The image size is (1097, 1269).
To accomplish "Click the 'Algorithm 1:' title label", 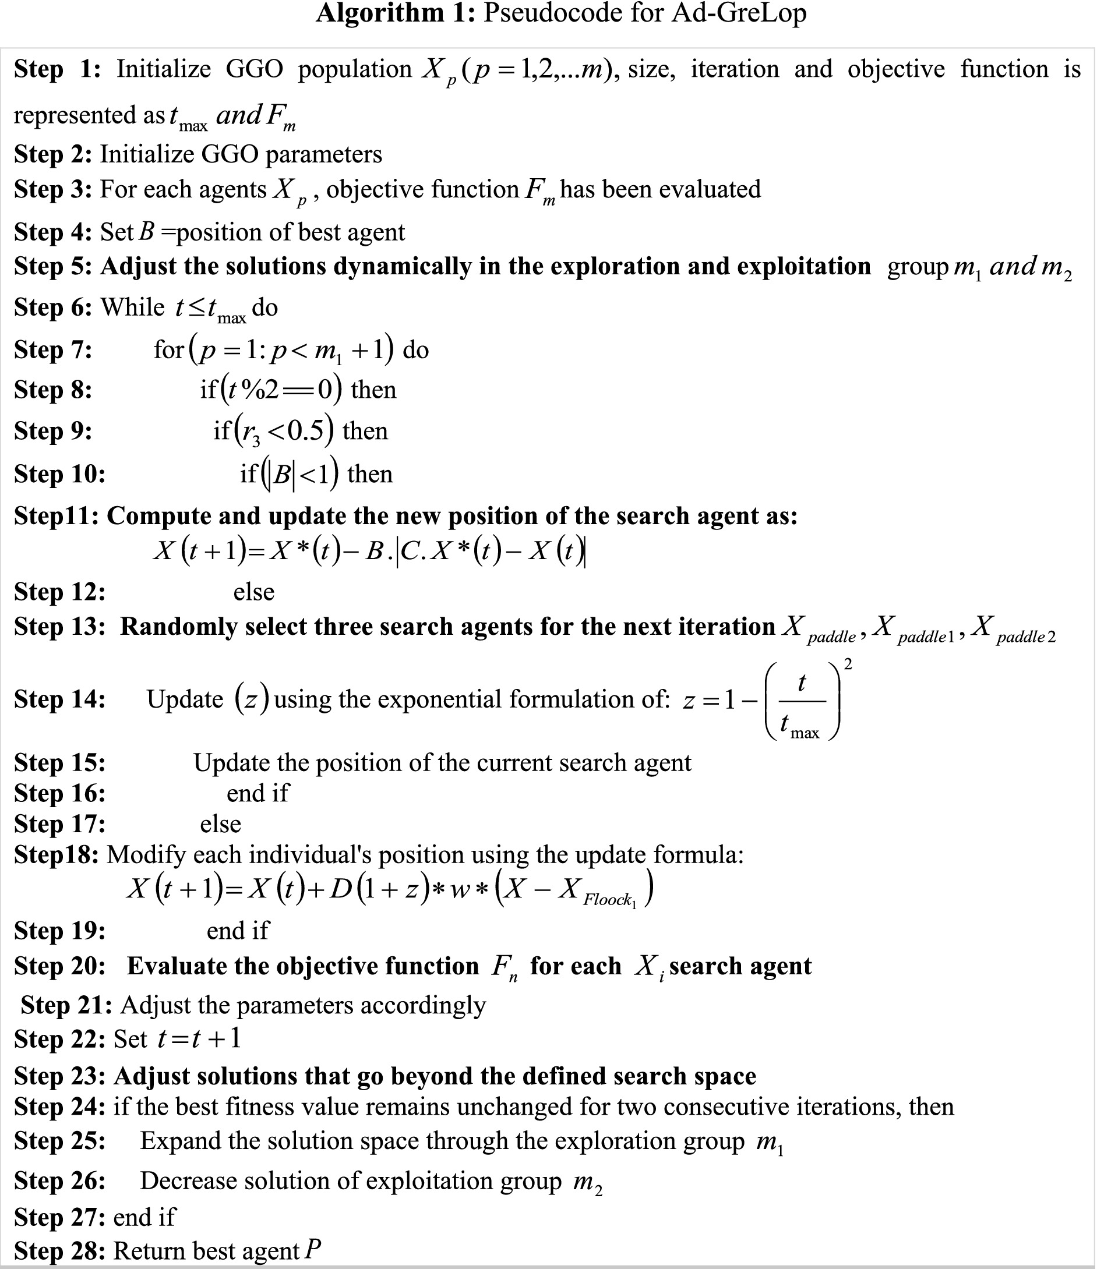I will [x=395, y=13].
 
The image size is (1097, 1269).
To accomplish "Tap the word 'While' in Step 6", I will [x=132, y=307].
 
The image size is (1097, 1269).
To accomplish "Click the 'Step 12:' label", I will [x=59, y=592].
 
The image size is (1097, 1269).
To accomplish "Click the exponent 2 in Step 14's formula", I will [x=848, y=664].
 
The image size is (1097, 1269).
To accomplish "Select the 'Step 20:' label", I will [x=59, y=966].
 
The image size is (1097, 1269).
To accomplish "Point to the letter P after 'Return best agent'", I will [x=313, y=1249].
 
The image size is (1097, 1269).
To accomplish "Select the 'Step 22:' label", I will [x=59, y=1039].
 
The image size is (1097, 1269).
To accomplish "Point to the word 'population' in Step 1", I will [x=355, y=69].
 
